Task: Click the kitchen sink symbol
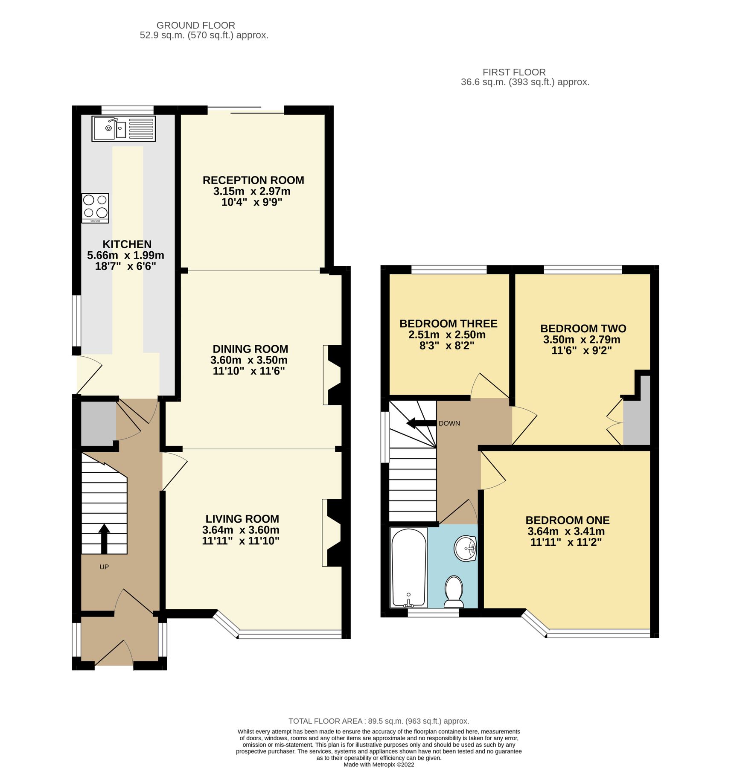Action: click(x=123, y=128)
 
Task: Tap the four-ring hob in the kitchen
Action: click(x=95, y=208)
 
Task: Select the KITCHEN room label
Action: click(x=127, y=244)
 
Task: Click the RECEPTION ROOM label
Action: click(x=253, y=180)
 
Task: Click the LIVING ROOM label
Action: click(x=242, y=519)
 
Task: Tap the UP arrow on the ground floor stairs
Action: click(x=104, y=538)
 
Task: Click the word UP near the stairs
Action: click(x=104, y=567)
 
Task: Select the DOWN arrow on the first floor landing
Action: click(x=421, y=423)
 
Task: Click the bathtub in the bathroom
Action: click(x=409, y=567)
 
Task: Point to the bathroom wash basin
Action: click(x=465, y=548)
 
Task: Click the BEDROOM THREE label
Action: click(x=448, y=323)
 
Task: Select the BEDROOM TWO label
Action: click(x=583, y=329)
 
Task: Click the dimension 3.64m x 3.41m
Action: click(x=566, y=531)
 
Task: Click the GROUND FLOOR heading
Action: click(x=195, y=26)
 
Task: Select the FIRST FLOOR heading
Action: click(x=514, y=72)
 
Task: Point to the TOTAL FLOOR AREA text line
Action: click(x=379, y=721)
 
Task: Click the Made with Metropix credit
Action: click(x=379, y=765)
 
